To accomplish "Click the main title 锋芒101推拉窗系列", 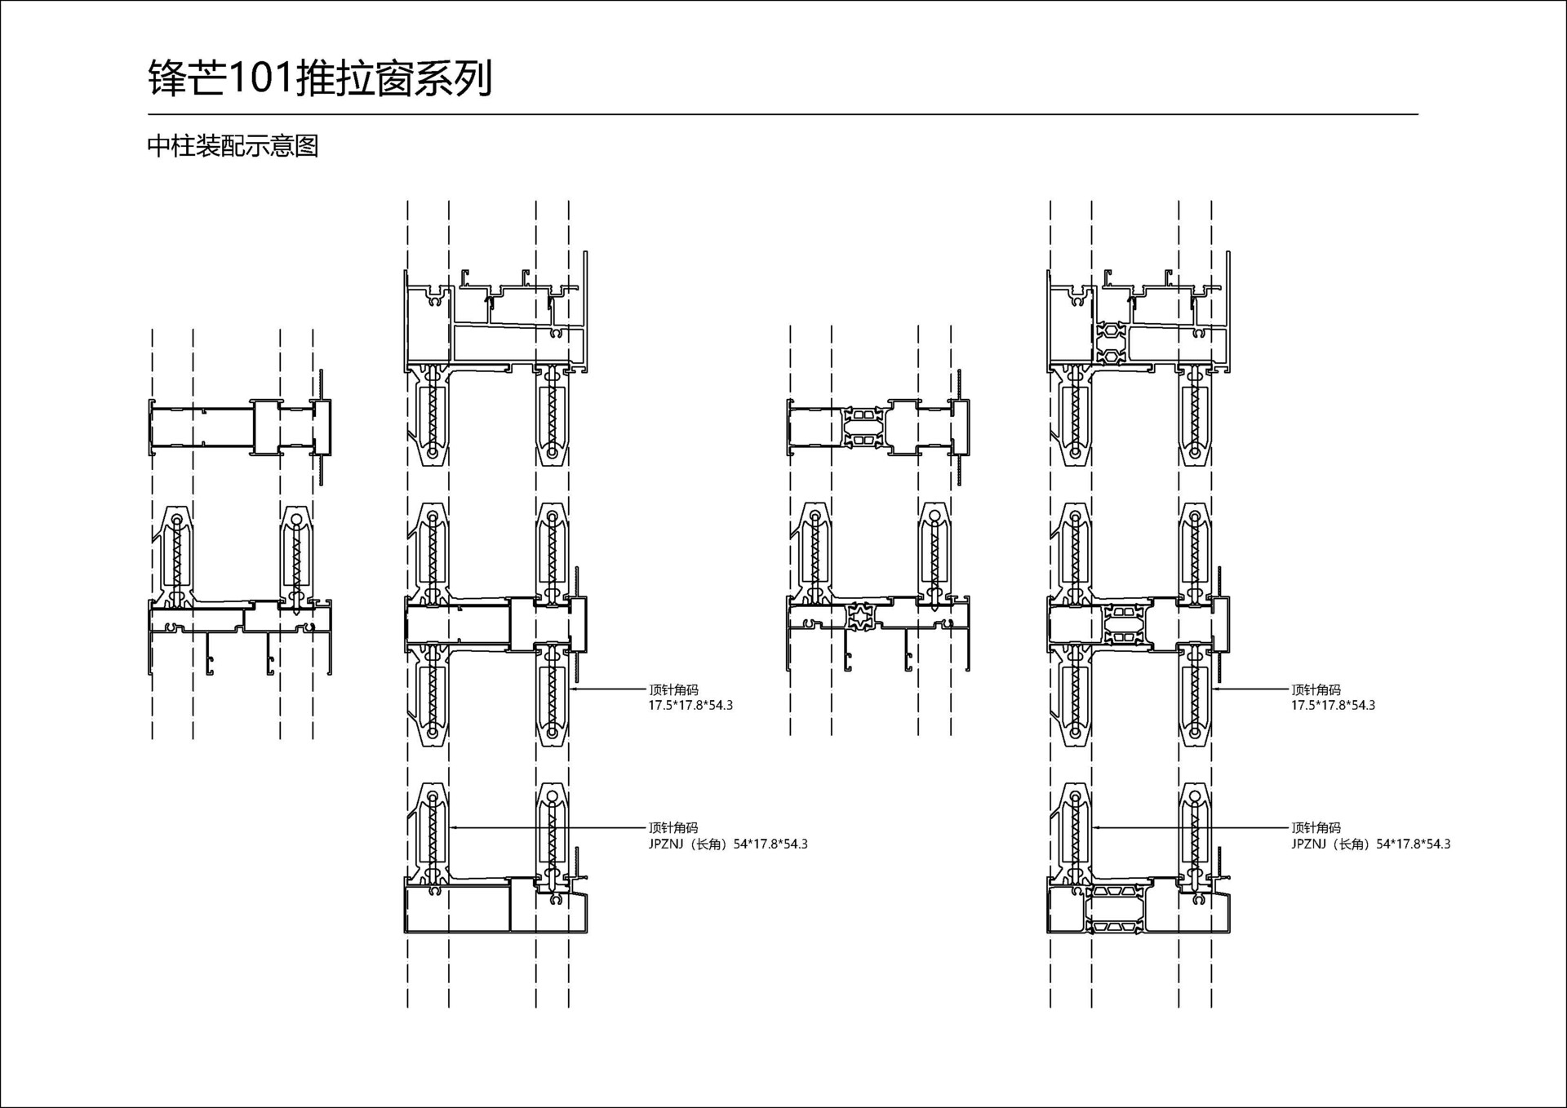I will click(320, 79).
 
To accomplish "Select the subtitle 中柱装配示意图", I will click(233, 147).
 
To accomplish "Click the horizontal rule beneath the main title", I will click(782, 114).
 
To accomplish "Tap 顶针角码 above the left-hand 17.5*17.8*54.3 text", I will click(673, 690).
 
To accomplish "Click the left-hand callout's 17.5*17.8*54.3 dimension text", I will click(690, 706).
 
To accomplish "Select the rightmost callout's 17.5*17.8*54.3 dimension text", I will click(1333, 706).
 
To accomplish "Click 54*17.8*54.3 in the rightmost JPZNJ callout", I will click(1413, 844).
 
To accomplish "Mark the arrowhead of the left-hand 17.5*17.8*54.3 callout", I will click(572, 689).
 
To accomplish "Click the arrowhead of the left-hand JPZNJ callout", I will click(451, 827).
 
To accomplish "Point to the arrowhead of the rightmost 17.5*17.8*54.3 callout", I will click(1214, 689).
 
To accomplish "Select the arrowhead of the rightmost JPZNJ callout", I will click(1094, 827).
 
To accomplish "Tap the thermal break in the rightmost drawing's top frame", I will click(1111, 343).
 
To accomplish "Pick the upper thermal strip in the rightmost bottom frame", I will click(1114, 892).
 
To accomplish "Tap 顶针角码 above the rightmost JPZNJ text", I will click(1316, 828).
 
